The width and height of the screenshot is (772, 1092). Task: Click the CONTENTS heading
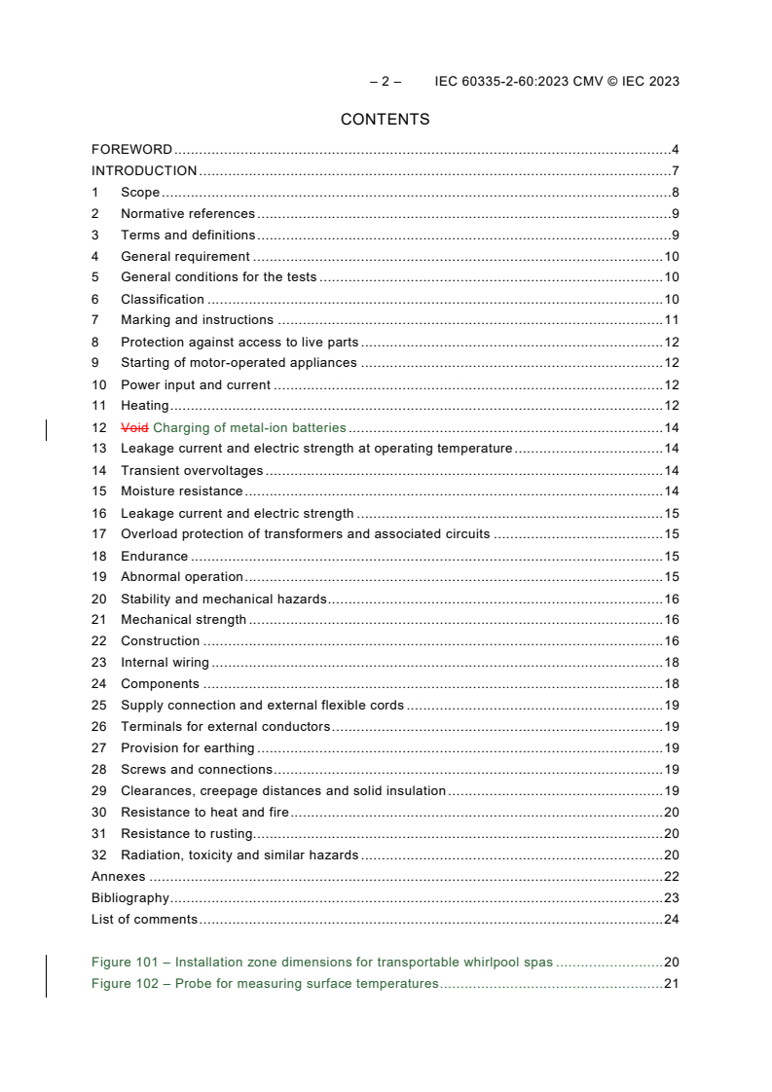tap(385, 120)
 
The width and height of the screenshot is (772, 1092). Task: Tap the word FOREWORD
tap(131, 150)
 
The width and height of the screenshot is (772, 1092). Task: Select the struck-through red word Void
tap(135, 427)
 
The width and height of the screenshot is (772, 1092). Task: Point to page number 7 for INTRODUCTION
tap(675, 171)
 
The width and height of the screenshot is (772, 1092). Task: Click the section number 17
tap(98, 534)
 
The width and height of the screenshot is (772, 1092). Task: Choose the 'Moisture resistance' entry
tap(181, 491)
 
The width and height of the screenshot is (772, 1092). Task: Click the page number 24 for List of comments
tap(671, 920)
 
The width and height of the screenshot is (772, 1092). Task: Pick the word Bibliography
tap(129, 898)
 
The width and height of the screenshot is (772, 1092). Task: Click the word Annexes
tap(118, 877)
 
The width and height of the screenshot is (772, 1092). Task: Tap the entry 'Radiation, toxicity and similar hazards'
tap(239, 855)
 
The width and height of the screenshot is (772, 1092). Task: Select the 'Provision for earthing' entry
tap(187, 748)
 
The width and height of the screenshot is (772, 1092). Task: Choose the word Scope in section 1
tap(140, 193)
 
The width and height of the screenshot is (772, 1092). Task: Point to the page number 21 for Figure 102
tap(671, 984)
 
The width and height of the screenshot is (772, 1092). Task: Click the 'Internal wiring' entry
tap(165, 663)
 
